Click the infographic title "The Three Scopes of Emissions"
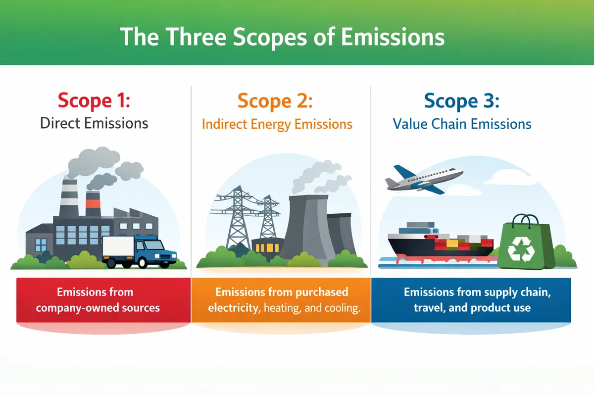282,38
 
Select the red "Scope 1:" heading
94,101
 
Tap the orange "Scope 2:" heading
275,101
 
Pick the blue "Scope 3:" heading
462,101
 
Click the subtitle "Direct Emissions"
94,123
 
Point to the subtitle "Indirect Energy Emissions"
277,124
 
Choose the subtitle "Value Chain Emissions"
462,124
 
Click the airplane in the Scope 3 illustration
424,179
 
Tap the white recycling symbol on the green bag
521,249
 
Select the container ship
440,243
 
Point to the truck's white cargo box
118,247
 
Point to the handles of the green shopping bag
525,221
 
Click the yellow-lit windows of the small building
267,247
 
